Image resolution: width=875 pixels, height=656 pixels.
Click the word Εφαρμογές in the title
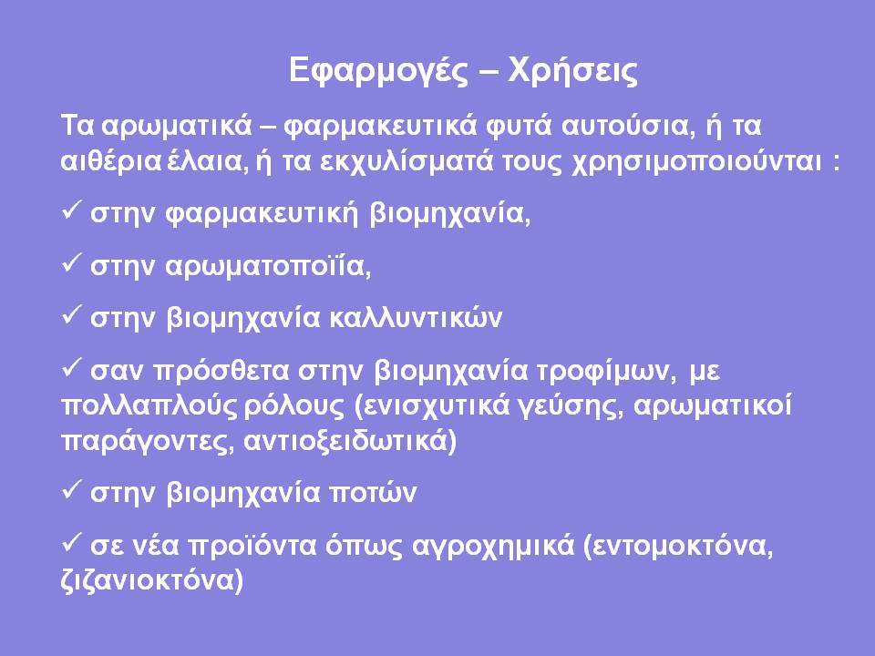pyautogui.click(x=378, y=71)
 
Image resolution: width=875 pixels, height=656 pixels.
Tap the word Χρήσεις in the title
pyautogui.click(x=572, y=70)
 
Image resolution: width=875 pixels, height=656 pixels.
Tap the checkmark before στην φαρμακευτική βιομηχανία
pyautogui.click(x=71, y=210)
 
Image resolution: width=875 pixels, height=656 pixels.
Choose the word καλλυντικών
pyautogui.click(x=416, y=318)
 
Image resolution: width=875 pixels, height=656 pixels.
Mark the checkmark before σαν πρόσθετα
pyautogui.click(x=71, y=367)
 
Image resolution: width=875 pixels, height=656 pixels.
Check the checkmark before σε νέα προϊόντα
pyautogui.click(x=71, y=541)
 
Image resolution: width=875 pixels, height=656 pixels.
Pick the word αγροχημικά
pyautogui.click(x=493, y=546)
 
